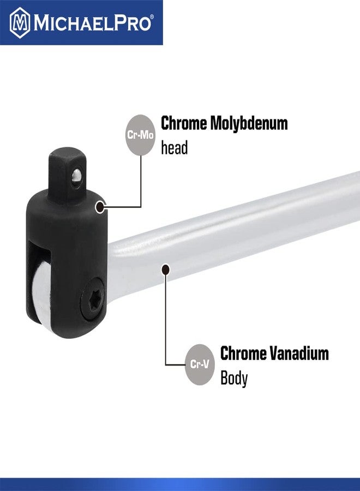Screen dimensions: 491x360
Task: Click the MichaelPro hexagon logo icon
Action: (x=20, y=22)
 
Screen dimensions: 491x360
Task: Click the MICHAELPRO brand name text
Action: (x=92, y=23)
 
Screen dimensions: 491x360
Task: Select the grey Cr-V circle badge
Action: (x=200, y=364)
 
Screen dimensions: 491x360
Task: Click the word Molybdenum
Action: (x=250, y=123)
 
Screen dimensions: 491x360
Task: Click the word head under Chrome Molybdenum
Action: (x=174, y=147)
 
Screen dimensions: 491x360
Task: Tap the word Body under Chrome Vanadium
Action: (x=233, y=378)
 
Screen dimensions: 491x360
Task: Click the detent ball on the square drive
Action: (x=77, y=176)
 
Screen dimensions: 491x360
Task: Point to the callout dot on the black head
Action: (x=100, y=207)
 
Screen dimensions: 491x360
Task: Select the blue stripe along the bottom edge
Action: (x=180, y=484)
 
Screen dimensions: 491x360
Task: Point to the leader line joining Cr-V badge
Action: (x=166, y=327)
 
